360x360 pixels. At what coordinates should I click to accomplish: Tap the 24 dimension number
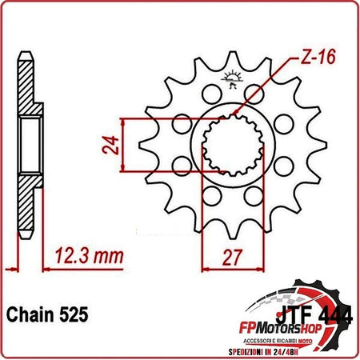(114, 144)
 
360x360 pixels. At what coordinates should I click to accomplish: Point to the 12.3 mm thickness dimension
(88, 256)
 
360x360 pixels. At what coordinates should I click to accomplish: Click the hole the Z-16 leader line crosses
(254, 92)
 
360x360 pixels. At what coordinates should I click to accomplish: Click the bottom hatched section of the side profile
(26, 216)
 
